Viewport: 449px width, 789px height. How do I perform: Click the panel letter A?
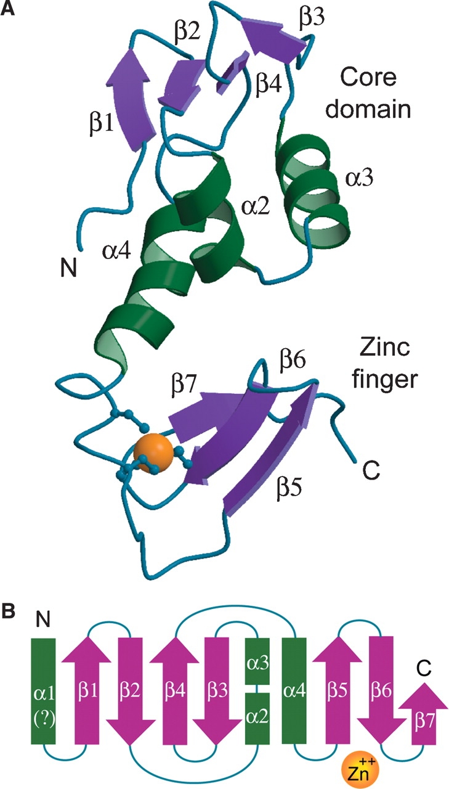(x=9, y=9)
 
